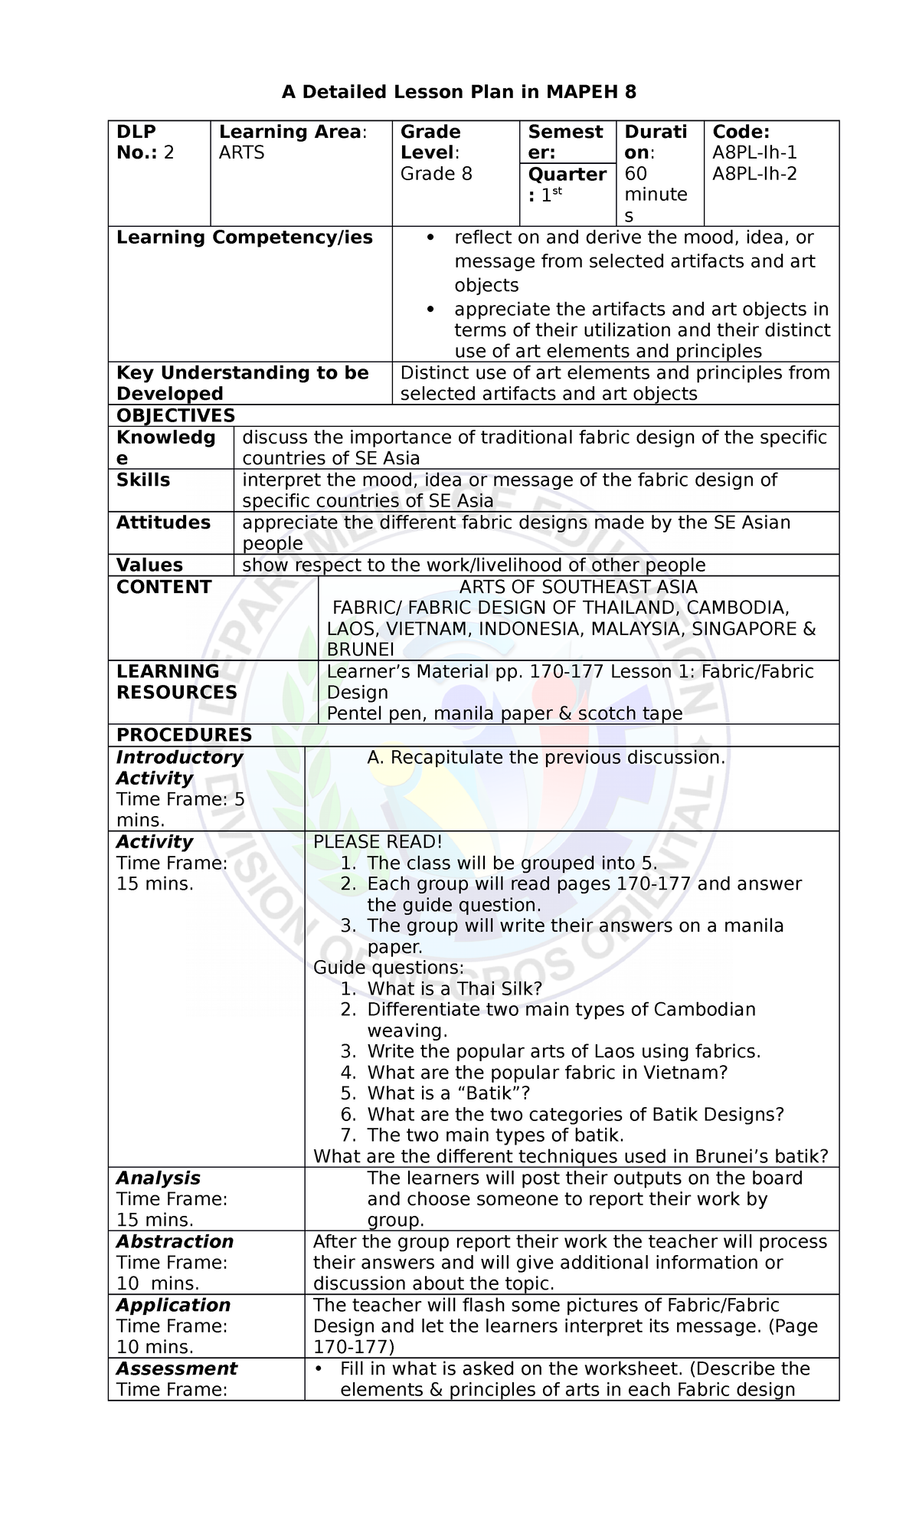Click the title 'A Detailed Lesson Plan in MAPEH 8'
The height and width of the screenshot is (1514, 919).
coord(459,93)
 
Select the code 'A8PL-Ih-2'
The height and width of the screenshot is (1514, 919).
coord(754,174)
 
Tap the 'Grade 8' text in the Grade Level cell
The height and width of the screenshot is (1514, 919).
coord(437,174)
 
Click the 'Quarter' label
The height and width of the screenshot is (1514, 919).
coord(567,175)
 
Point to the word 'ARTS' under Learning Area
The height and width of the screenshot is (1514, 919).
coord(241,152)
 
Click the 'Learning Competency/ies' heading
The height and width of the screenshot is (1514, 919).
coord(244,238)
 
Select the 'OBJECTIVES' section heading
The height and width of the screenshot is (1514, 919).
coord(175,415)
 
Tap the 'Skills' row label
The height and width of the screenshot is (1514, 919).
coord(143,480)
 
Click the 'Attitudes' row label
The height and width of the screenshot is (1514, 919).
coord(163,523)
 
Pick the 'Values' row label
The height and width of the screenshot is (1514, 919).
coord(149,565)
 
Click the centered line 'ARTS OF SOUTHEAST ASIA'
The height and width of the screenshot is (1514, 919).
coord(578,588)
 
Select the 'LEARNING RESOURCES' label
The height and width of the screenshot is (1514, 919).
coord(176,682)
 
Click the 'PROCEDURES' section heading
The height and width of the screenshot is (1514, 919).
coord(184,735)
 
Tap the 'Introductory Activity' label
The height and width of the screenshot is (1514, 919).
coord(179,767)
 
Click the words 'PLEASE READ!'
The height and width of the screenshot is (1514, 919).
coord(378,841)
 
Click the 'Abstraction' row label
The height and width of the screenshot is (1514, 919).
coord(175,1241)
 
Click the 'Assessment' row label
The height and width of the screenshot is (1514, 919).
coord(176,1368)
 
